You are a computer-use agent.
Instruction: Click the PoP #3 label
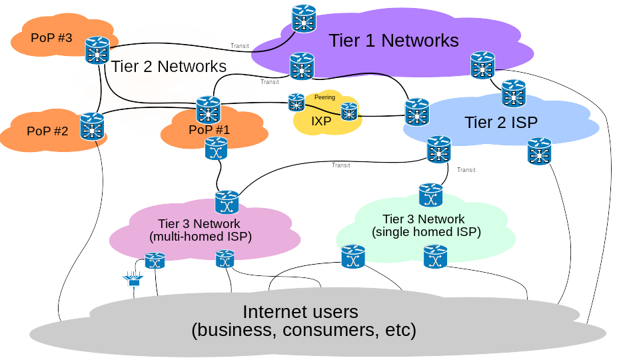pyautogui.click(x=51, y=37)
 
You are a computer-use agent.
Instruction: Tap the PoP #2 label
pyautogui.click(x=47, y=131)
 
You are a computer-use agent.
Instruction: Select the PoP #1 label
pyautogui.click(x=209, y=130)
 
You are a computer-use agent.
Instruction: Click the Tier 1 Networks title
pyautogui.click(x=393, y=41)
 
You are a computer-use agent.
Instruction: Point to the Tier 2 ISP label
pyautogui.click(x=501, y=122)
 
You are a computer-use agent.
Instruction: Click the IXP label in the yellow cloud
pyautogui.click(x=321, y=121)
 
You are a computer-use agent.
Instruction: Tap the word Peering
pyautogui.click(x=324, y=97)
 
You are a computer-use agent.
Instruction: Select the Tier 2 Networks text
pyautogui.click(x=169, y=67)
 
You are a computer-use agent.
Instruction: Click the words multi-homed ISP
pyautogui.click(x=201, y=236)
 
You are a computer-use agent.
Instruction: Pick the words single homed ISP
pyautogui.click(x=426, y=232)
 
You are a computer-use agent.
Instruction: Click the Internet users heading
pyautogui.click(x=301, y=312)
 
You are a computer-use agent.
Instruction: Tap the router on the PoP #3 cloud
pyautogui.click(x=97, y=50)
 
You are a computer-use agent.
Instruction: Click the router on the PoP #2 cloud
pyautogui.click(x=92, y=126)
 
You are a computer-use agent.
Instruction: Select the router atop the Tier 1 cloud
pyautogui.click(x=304, y=19)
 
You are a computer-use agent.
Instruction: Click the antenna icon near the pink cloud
pyautogui.click(x=133, y=279)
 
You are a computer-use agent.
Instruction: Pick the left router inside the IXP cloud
pyautogui.click(x=297, y=102)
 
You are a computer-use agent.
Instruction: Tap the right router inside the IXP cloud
pyautogui.click(x=349, y=111)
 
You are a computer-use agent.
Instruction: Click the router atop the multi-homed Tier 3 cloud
pyautogui.click(x=227, y=202)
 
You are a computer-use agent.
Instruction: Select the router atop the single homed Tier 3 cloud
pyautogui.click(x=430, y=195)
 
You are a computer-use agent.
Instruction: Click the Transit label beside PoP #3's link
pyautogui.click(x=239, y=46)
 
